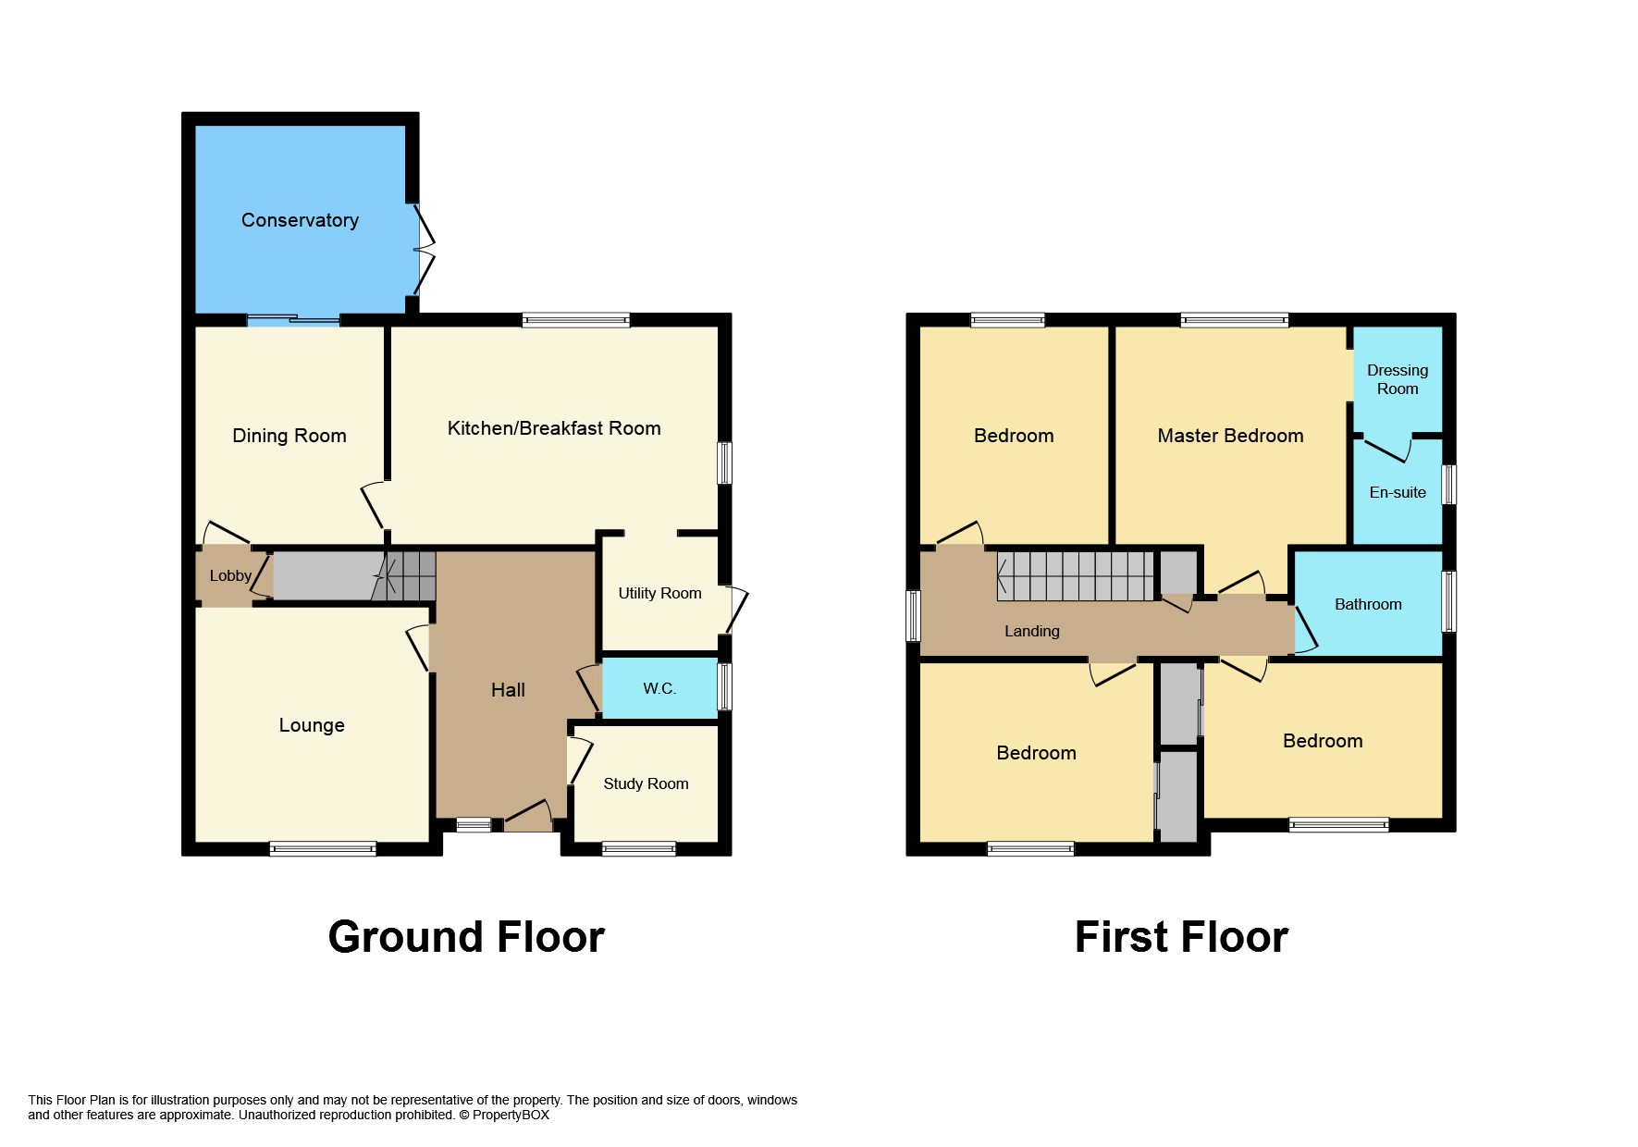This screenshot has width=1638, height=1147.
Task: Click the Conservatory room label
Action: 300,220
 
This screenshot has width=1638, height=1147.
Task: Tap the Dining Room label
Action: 289,436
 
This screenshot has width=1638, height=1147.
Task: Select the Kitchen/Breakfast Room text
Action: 554,428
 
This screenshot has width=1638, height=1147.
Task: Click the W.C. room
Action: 659,688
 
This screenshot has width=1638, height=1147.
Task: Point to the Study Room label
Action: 646,784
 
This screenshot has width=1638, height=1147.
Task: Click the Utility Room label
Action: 659,593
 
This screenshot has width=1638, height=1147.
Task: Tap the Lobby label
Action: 230,576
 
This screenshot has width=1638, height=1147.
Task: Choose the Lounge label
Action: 312,725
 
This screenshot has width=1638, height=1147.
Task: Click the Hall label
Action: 508,690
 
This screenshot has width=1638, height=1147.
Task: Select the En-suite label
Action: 1398,493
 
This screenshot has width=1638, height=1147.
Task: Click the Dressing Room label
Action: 1398,379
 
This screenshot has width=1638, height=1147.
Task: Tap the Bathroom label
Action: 1368,604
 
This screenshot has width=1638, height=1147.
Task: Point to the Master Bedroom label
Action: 1230,436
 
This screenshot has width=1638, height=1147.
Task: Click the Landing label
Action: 1032,632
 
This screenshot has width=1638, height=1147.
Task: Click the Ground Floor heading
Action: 466,937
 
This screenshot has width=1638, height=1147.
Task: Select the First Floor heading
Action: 1181,937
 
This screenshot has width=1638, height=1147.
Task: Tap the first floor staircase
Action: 1076,576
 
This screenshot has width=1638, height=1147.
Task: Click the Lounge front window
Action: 323,848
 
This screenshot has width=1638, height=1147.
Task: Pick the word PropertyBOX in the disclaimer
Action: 511,1116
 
